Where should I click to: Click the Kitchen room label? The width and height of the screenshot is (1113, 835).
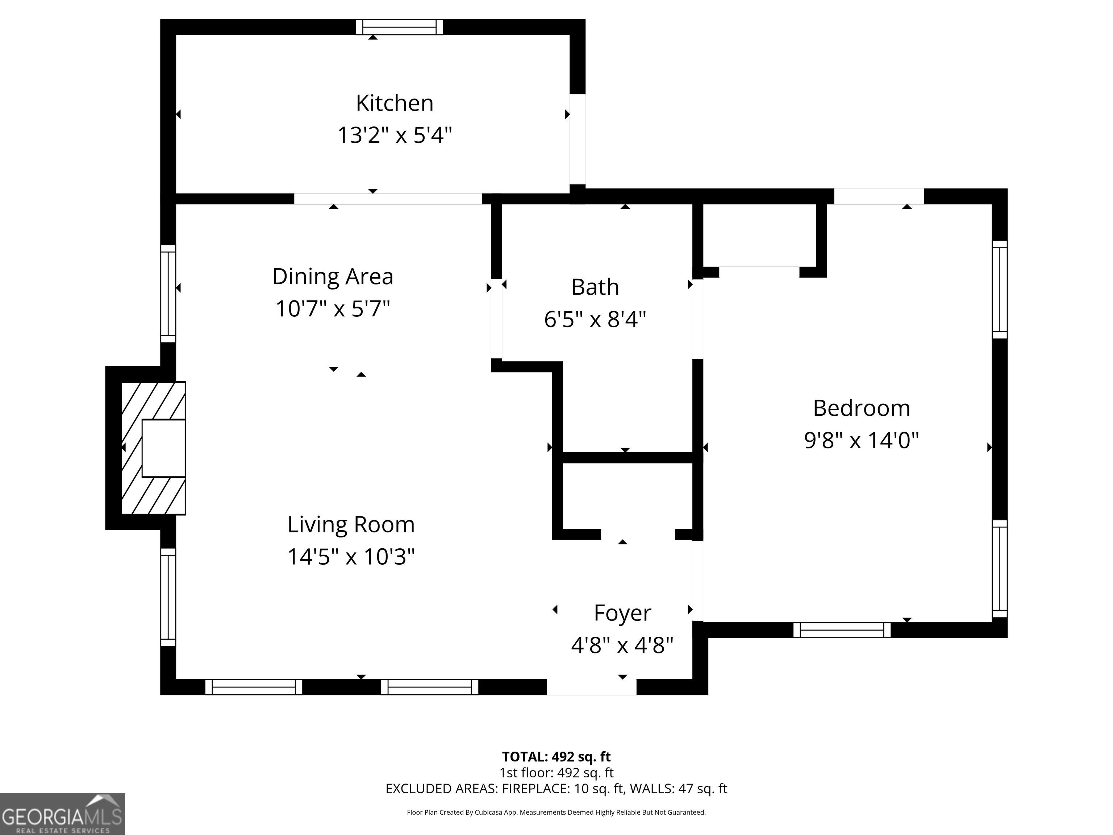click(395, 103)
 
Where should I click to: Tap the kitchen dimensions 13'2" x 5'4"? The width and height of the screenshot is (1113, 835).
click(395, 135)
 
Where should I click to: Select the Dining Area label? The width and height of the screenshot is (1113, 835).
click(333, 276)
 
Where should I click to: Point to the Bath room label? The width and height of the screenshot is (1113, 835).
click(595, 287)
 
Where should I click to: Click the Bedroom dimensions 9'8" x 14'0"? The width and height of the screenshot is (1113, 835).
click(862, 440)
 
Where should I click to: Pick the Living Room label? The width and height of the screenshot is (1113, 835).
click(351, 524)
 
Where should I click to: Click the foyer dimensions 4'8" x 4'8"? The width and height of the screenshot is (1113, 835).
click(622, 645)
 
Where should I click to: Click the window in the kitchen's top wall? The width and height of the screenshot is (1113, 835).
click(400, 27)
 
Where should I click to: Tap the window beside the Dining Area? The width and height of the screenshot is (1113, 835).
click(168, 294)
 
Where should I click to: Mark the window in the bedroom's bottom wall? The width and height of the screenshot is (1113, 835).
click(842, 630)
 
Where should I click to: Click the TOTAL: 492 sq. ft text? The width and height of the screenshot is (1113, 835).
click(556, 756)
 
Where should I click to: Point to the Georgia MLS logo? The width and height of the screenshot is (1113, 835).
click(62, 814)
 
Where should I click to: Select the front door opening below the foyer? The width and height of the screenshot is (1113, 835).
click(592, 687)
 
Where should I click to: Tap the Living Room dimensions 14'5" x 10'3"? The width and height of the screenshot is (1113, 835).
click(351, 557)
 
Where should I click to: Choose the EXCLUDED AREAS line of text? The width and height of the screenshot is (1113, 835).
click(556, 789)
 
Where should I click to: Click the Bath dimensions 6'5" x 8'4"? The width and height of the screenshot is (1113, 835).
click(595, 319)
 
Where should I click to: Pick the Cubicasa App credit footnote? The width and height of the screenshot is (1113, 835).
click(556, 813)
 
